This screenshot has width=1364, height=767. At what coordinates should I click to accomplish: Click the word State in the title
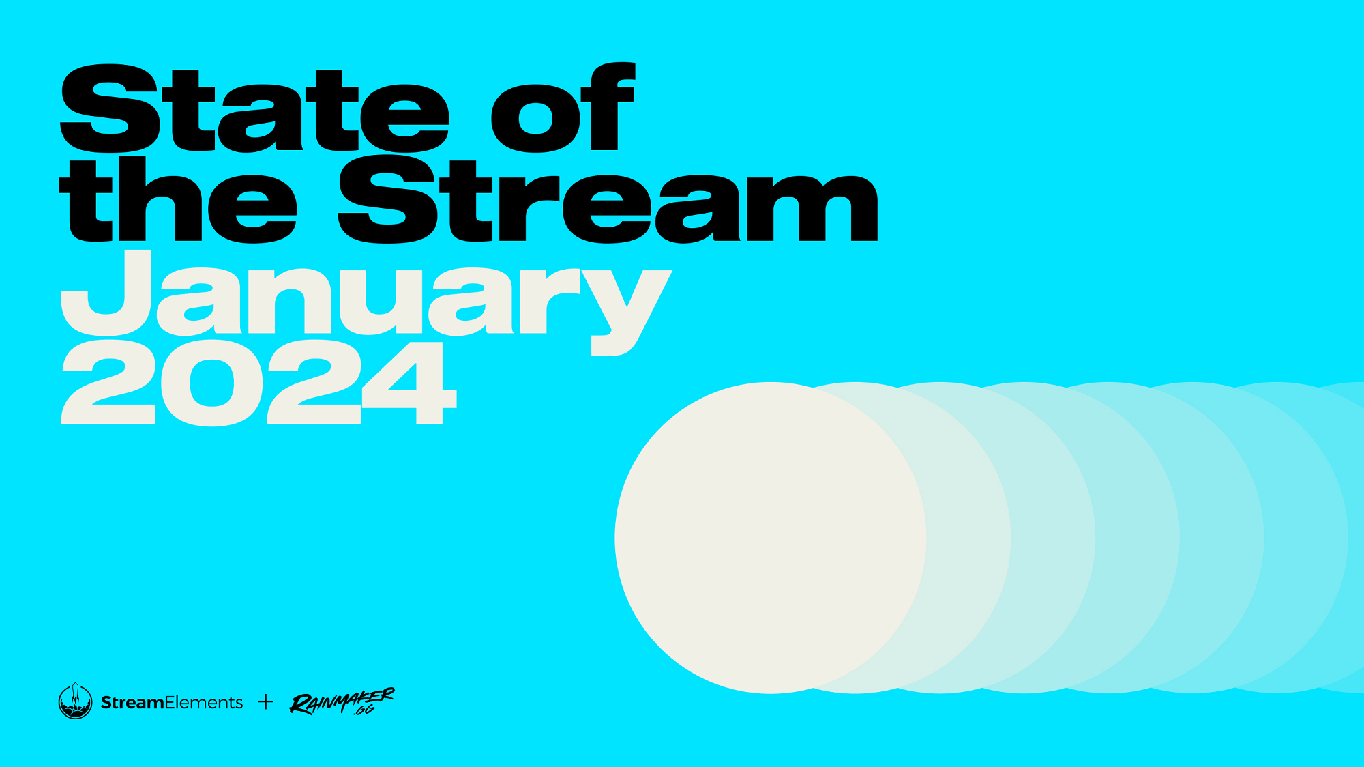pos(254,108)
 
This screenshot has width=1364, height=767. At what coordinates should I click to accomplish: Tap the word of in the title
pos(563,106)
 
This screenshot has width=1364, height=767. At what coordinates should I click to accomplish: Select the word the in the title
pos(178,199)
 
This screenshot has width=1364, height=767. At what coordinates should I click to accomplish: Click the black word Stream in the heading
pos(608,199)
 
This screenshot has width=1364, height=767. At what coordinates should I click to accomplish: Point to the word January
pos(366,302)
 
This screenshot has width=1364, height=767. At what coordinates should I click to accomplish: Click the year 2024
pos(259,383)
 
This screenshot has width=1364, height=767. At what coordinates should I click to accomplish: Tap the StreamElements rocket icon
pos(75,701)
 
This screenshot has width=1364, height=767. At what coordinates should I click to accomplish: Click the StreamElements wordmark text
pos(172,702)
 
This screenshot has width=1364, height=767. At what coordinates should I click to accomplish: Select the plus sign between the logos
pos(266,701)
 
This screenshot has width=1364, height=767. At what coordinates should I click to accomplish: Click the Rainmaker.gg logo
pos(342,701)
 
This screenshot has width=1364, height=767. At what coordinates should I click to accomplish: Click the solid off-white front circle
pos(771,538)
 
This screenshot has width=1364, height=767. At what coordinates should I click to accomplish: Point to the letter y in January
pos(626,313)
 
